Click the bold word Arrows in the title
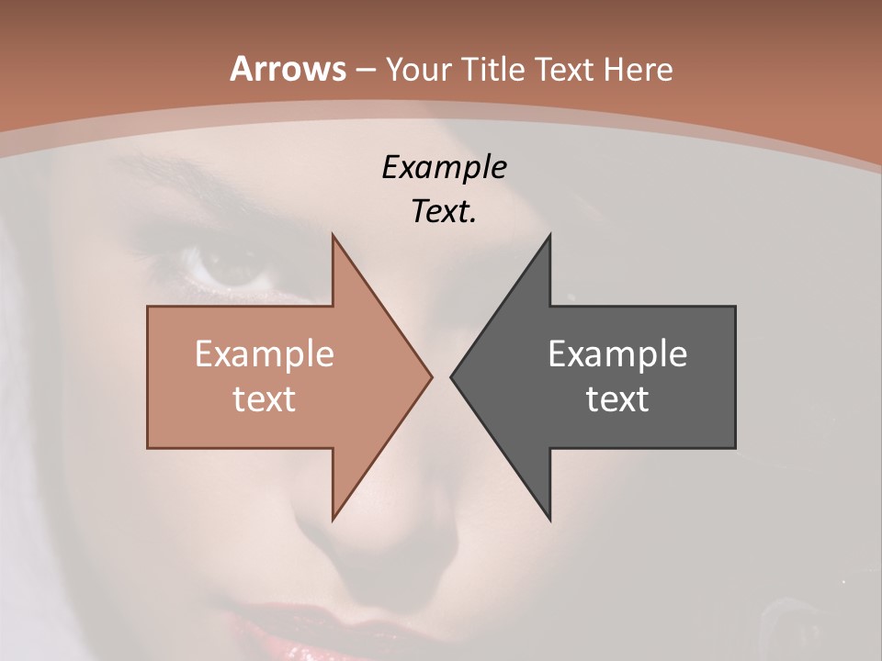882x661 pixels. click(x=287, y=69)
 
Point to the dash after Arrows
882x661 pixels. click(x=365, y=70)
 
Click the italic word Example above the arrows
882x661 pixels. click(x=444, y=168)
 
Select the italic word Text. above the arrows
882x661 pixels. click(x=444, y=212)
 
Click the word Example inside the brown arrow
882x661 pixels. click(x=265, y=354)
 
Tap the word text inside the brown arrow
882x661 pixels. click(x=265, y=399)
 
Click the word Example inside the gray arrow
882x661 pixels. click(x=617, y=354)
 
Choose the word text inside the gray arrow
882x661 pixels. click(x=617, y=399)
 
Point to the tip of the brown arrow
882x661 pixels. click(x=431, y=376)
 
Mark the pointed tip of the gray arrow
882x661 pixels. click(x=451, y=376)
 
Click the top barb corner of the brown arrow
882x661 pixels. click(x=333, y=235)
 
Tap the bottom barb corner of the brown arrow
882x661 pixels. click(x=333, y=519)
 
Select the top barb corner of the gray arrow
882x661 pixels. click(x=549, y=235)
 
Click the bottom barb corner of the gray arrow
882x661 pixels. click(x=549, y=519)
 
